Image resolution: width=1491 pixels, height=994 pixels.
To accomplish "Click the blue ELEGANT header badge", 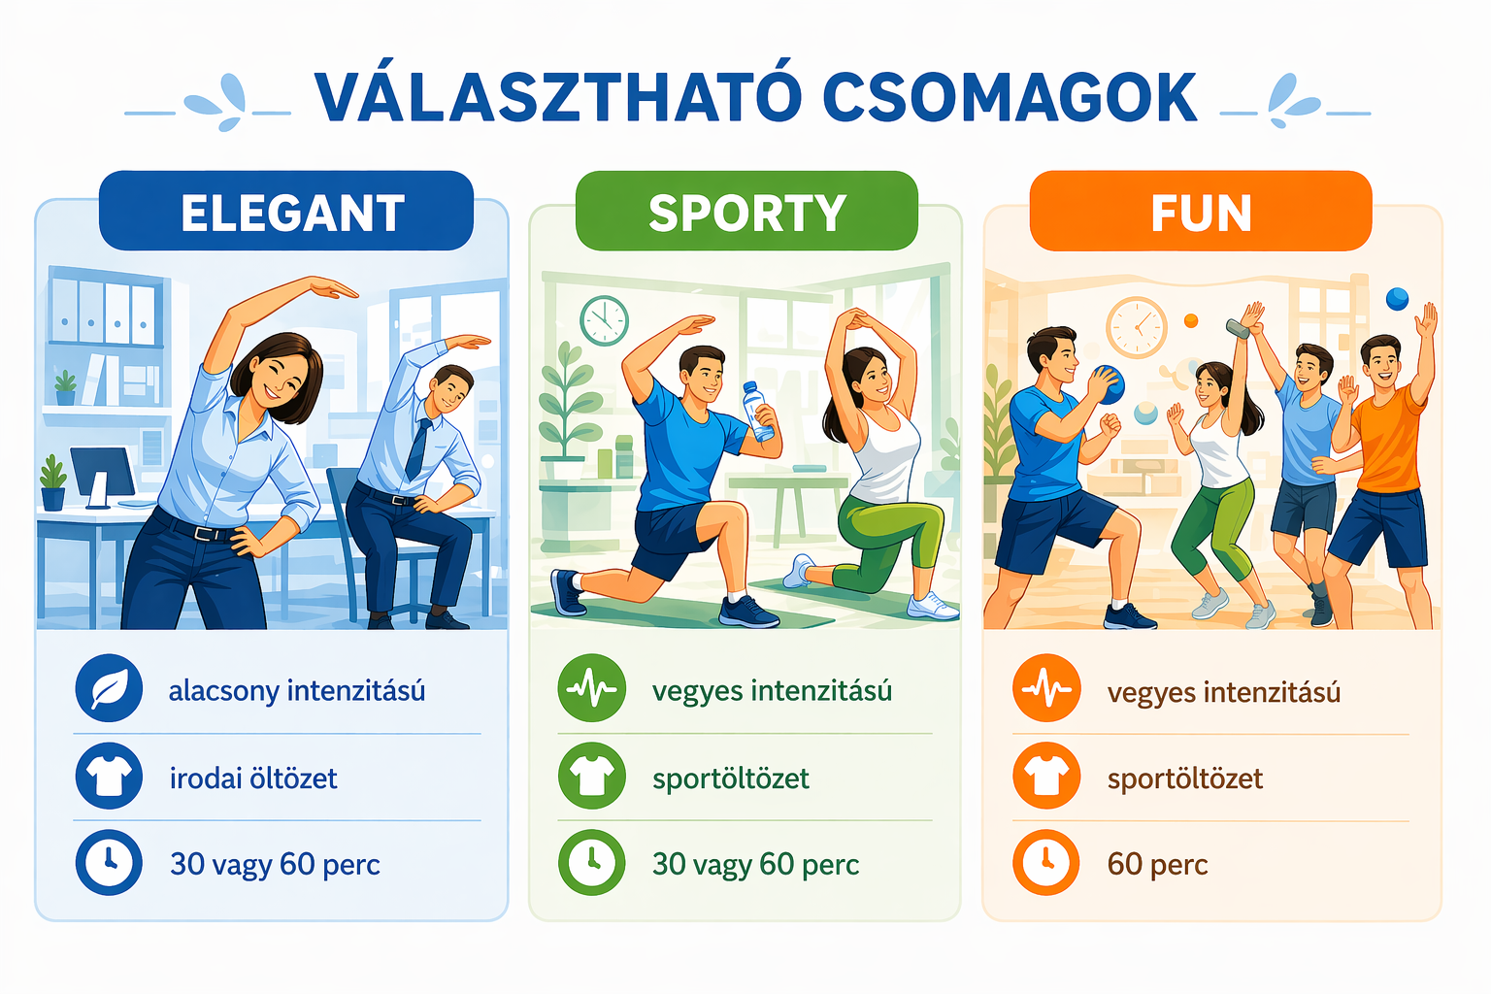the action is click(286, 211).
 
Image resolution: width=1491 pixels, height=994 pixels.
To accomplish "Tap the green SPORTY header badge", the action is click(746, 211).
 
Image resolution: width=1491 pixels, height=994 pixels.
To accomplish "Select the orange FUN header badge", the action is click(1201, 211).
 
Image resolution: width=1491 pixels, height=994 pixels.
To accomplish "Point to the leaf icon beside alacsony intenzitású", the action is click(109, 688).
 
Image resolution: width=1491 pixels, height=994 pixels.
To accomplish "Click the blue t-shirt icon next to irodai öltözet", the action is click(109, 776).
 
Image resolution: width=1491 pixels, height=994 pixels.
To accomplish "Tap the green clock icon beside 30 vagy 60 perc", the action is click(591, 862).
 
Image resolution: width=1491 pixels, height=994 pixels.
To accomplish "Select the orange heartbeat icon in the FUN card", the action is click(1046, 688).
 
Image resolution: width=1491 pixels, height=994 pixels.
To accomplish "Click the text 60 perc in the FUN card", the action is click(1157, 864).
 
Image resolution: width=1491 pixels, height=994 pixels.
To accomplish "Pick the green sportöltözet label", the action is click(730, 778).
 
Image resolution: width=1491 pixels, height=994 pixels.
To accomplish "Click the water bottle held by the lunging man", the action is click(758, 411).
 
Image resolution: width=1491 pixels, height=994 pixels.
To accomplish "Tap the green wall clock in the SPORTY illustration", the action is click(604, 320).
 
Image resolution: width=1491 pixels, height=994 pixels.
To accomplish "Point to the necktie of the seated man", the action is click(418, 447).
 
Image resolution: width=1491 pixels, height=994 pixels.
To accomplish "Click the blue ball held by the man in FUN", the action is click(1108, 384).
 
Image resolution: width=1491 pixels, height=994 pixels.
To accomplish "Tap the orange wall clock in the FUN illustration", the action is click(1137, 327).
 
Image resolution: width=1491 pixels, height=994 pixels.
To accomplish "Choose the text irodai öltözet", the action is click(253, 778).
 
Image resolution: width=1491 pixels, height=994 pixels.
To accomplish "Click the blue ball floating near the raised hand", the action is click(1397, 299).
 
